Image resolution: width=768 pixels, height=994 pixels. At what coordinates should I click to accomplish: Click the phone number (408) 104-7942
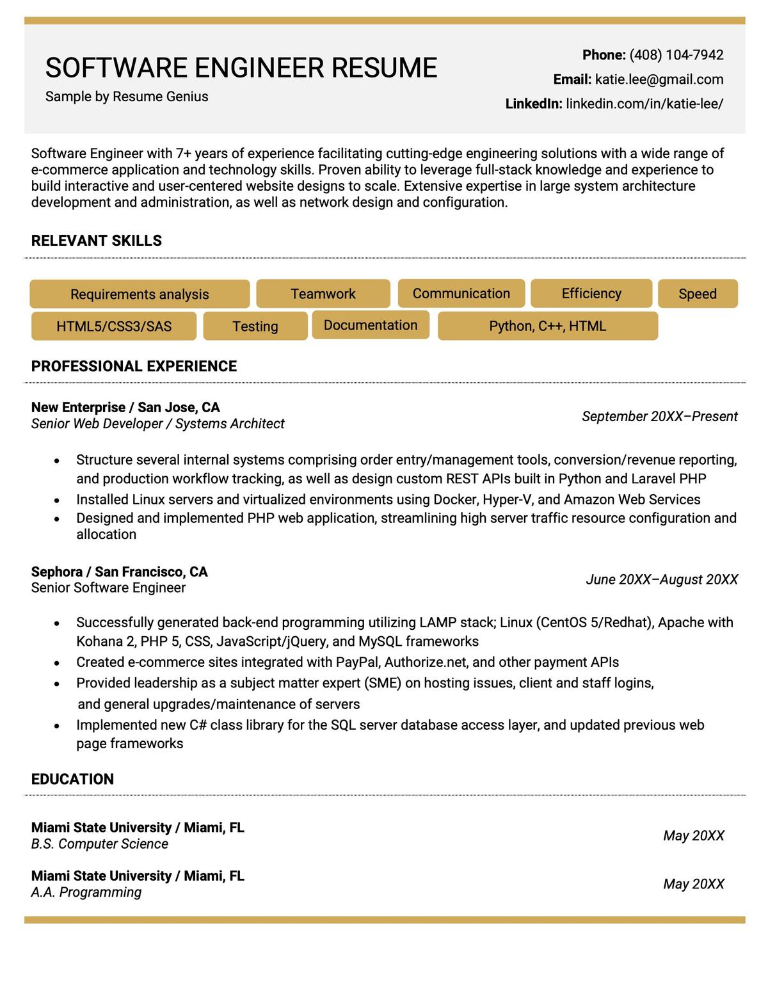676,55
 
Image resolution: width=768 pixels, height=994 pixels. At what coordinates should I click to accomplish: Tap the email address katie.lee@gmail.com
659,79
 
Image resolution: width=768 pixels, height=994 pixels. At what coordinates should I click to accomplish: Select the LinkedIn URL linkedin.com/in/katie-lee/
644,104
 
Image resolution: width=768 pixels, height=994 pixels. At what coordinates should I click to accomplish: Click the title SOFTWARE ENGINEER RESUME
241,68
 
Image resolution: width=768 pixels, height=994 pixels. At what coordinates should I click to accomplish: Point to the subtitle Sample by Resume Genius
127,97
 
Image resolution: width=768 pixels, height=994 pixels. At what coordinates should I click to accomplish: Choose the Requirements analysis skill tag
140,294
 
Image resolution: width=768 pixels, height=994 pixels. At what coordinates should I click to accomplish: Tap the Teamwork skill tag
323,294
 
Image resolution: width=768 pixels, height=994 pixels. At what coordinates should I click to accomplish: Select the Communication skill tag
461,293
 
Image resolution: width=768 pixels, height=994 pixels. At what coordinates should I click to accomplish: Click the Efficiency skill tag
591,293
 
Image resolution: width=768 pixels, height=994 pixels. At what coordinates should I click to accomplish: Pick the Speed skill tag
697,294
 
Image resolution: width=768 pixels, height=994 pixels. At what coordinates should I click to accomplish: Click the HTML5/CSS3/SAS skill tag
114,326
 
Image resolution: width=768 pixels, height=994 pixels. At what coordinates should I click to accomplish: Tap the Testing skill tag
255,326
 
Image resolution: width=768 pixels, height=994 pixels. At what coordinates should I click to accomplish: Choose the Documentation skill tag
370,325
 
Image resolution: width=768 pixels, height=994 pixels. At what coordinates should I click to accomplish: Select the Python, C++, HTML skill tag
547,326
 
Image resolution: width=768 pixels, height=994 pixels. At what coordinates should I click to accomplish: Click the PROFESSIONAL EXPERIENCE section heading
134,366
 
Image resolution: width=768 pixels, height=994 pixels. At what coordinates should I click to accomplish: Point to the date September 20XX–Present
659,417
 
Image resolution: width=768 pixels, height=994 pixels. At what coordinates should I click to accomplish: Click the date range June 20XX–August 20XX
661,580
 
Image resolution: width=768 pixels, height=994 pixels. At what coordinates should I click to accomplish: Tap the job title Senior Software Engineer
108,588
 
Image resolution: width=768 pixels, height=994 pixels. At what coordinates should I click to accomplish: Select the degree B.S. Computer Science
99,844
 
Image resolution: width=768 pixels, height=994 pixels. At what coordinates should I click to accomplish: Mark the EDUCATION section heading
72,779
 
